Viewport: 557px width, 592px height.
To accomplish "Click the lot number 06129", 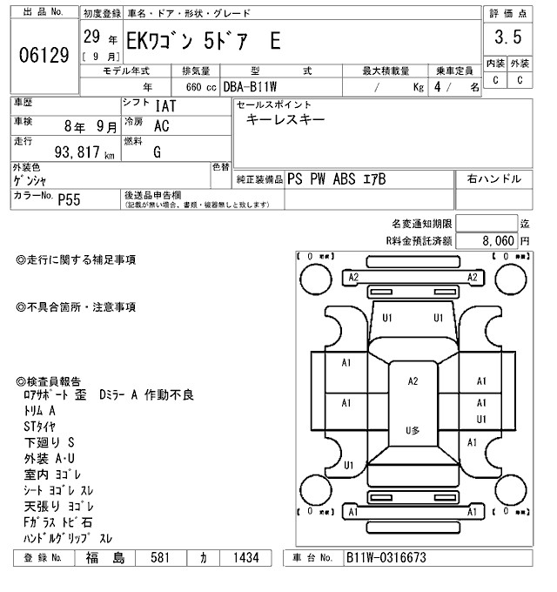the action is pyautogui.click(x=44, y=56).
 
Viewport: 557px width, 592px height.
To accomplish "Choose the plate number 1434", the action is pyautogui.click(x=244, y=557).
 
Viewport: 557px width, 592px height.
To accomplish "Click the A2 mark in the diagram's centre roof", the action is pyautogui.click(x=413, y=380).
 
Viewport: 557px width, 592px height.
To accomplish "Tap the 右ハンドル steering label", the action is pyautogui.click(x=493, y=178).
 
